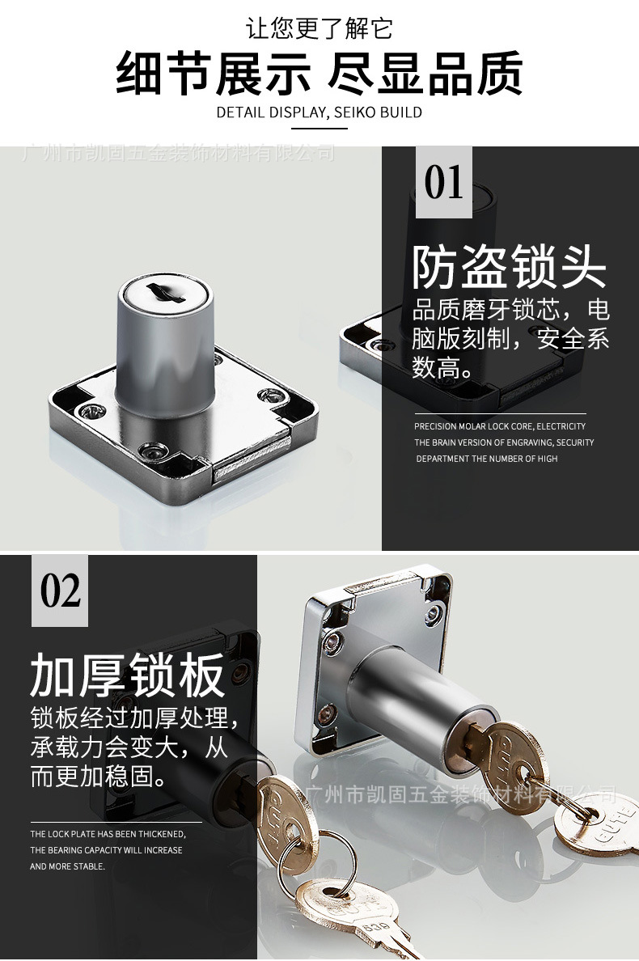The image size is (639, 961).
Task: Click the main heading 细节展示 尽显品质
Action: (319, 74)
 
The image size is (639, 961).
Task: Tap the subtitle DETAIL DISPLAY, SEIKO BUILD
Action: (319, 112)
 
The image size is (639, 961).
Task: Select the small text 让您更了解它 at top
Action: (319, 30)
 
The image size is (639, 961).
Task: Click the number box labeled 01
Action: (443, 182)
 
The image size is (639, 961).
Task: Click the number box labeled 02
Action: (60, 591)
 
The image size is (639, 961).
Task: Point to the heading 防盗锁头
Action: (509, 268)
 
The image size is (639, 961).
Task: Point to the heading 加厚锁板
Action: (127, 676)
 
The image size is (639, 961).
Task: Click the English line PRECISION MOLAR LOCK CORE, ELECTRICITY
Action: (499, 426)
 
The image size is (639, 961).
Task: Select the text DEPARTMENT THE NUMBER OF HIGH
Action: (486, 459)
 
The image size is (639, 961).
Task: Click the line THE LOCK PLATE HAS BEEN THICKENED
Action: (108, 834)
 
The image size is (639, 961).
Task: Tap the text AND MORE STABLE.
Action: (67, 866)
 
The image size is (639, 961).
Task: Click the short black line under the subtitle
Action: (319, 129)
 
